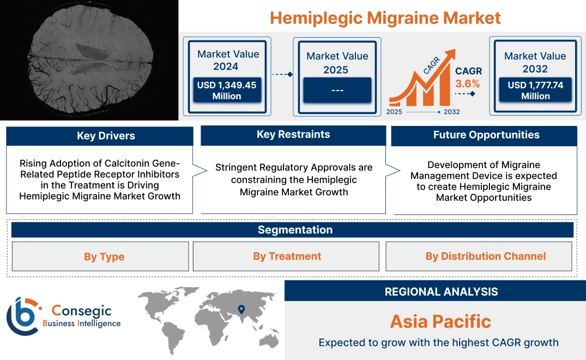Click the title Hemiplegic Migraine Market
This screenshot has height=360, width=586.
pos(385,17)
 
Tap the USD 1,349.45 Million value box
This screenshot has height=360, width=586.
pos(226,90)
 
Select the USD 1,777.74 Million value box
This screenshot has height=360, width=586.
pos(535,90)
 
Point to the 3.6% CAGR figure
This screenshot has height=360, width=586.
pos(468,83)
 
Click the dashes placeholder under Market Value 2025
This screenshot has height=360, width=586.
pos(337,90)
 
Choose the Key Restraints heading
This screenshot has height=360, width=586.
pos(293,135)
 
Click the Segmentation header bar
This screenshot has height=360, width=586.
pos(295,230)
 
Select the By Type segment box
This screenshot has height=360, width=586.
pos(104,256)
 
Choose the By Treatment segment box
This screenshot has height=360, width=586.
pos(287,256)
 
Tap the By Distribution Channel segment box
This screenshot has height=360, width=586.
pos(485,256)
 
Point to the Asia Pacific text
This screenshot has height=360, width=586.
pos(440,321)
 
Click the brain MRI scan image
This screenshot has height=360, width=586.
pos(89,60)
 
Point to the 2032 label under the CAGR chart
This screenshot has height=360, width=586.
pos(451,112)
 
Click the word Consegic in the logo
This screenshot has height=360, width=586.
pos(81,311)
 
